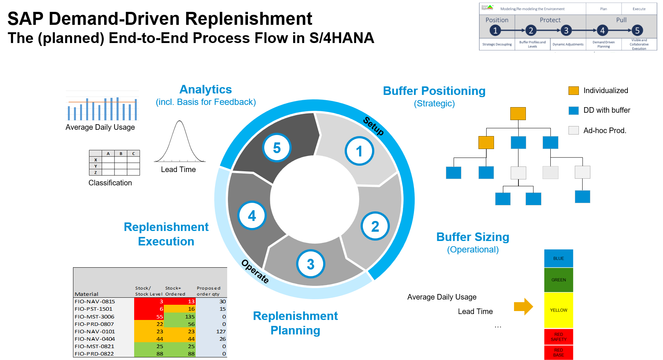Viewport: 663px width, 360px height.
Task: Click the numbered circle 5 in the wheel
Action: click(x=277, y=148)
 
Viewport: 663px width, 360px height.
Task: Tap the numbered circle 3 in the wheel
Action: click(x=311, y=264)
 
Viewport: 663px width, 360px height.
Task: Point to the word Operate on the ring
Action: click(x=255, y=271)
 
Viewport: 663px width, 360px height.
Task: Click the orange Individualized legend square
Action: click(x=573, y=90)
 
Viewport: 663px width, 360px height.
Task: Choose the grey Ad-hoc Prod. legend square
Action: click(x=573, y=130)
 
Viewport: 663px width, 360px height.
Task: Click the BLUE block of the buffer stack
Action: click(x=558, y=258)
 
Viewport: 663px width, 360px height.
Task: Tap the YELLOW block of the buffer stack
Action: click(x=558, y=310)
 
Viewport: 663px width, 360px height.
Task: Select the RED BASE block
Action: click(x=558, y=353)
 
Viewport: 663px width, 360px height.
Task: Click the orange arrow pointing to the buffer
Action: click(x=523, y=307)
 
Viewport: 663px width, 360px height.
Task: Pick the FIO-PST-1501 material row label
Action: click(x=93, y=309)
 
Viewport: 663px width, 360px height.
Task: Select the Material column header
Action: click(x=86, y=294)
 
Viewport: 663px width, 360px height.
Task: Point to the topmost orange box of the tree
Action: click(x=518, y=113)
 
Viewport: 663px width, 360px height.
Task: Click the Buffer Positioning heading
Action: click(x=434, y=91)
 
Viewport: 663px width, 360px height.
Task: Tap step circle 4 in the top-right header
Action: click(x=602, y=30)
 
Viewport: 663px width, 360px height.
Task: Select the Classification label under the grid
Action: click(x=110, y=183)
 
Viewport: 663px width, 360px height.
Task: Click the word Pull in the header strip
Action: click(x=621, y=20)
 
